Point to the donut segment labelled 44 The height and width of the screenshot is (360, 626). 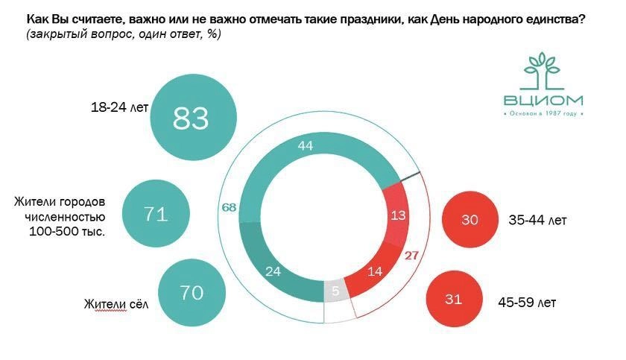306,146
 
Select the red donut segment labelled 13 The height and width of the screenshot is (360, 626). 399,216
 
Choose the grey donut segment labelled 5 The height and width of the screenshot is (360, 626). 336,291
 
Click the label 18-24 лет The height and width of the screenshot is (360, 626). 119,107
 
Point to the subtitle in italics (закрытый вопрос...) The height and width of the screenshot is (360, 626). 123,34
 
